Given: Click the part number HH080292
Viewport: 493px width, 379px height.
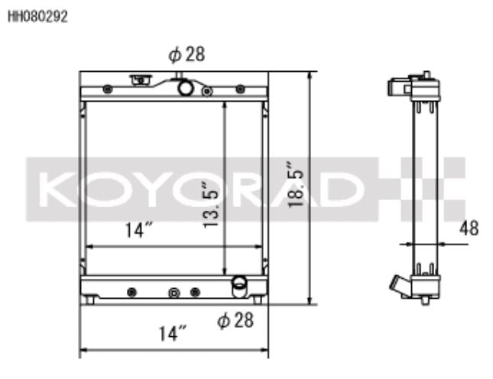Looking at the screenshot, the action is pyautogui.click(x=37, y=17).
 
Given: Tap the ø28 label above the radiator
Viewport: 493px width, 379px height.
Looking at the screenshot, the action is pyautogui.click(x=186, y=54).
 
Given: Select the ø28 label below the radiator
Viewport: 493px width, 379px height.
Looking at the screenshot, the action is pyautogui.click(x=235, y=320).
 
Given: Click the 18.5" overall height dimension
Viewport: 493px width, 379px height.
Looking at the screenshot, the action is pyautogui.click(x=296, y=184).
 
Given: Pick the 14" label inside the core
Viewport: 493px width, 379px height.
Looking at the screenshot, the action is pyautogui.click(x=138, y=230).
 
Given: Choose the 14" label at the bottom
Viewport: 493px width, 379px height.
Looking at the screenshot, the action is pyautogui.click(x=172, y=333).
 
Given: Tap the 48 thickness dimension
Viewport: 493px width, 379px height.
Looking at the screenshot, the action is pyautogui.click(x=469, y=228).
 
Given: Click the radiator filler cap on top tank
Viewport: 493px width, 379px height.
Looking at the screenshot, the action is pyautogui.click(x=141, y=79).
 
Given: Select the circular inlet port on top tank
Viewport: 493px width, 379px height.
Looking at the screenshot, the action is pyautogui.click(x=185, y=88).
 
